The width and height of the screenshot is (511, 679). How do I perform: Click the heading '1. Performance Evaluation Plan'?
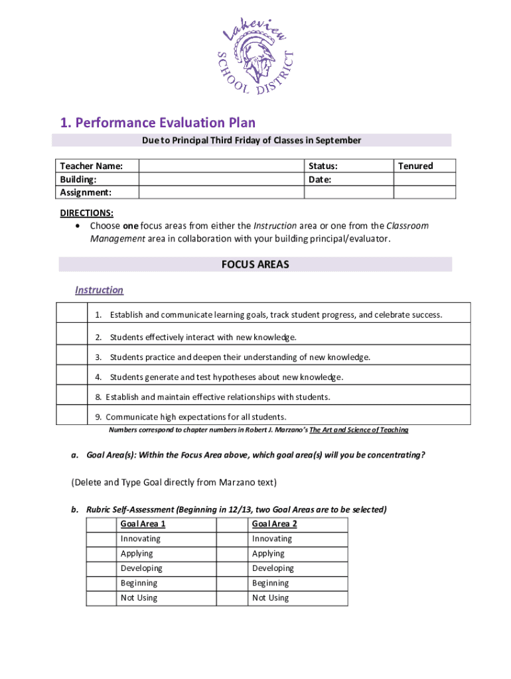tap(157, 123)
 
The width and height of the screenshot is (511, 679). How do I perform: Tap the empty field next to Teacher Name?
tap(221, 166)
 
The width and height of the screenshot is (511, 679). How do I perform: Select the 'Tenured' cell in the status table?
tap(415, 166)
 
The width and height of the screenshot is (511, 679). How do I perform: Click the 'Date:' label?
tap(320, 180)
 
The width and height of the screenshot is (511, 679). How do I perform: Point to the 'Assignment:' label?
tap(86, 192)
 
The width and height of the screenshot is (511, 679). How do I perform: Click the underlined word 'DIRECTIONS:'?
tap(87, 213)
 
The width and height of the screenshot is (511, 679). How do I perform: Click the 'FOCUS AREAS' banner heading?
tap(255, 265)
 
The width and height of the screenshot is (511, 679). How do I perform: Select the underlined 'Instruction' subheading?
tap(99, 290)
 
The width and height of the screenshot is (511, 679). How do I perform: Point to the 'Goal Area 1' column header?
tap(143, 524)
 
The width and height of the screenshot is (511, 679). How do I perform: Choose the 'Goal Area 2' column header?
tap(274, 524)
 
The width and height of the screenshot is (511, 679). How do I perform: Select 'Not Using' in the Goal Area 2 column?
tap(271, 598)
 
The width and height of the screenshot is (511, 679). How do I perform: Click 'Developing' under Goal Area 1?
tap(141, 568)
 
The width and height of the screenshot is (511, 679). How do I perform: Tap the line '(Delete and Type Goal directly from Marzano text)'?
tap(174, 482)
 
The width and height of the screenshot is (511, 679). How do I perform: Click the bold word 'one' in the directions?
tap(131, 225)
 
